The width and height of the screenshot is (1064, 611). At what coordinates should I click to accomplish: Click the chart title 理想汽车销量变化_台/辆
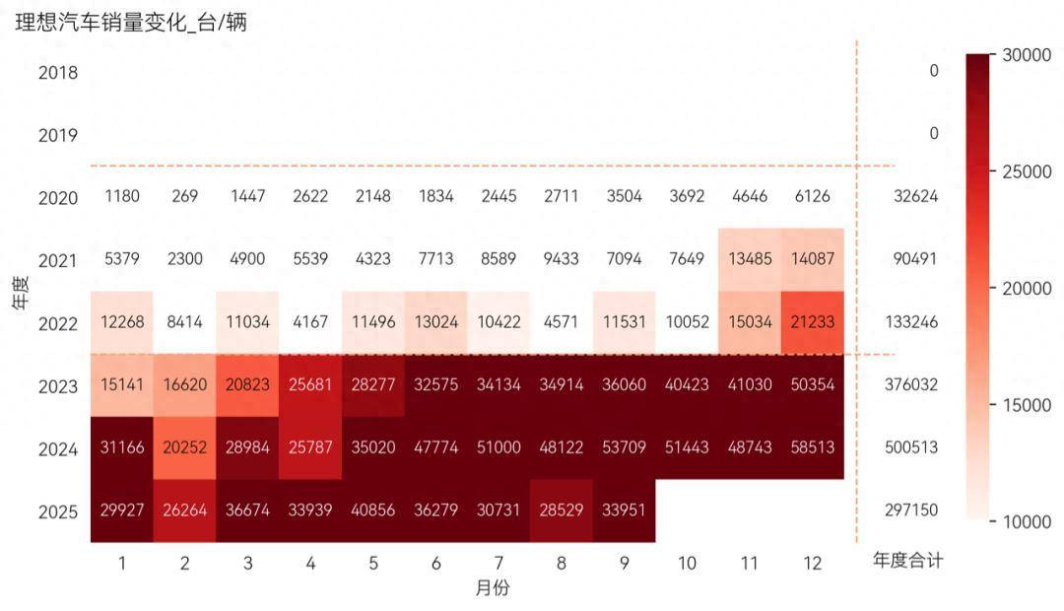(x=131, y=24)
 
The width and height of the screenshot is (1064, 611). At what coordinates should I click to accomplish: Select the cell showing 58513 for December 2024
(x=812, y=447)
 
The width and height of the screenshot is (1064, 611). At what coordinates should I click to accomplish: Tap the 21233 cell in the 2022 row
(x=812, y=321)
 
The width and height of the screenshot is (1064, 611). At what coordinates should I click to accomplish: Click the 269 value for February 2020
(x=184, y=196)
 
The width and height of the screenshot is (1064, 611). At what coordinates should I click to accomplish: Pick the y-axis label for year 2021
(x=58, y=260)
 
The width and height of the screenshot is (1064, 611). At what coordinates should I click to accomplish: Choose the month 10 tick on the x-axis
(x=687, y=563)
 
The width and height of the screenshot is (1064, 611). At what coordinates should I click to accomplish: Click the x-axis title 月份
(x=492, y=588)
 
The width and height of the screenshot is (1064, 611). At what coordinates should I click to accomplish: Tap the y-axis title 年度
(x=21, y=293)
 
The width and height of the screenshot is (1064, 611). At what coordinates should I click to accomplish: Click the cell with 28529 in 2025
(x=561, y=510)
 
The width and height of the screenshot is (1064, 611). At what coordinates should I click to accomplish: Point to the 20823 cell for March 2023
(x=247, y=385)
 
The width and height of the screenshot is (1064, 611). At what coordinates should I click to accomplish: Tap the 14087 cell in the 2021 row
(x=812, y=260)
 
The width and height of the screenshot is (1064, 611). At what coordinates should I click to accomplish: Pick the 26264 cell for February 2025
(x=184, y=510)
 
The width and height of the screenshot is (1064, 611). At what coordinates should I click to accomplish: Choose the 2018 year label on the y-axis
(x=58, y=72)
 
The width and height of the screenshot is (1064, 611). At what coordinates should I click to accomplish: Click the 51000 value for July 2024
(x=498, y=447)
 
